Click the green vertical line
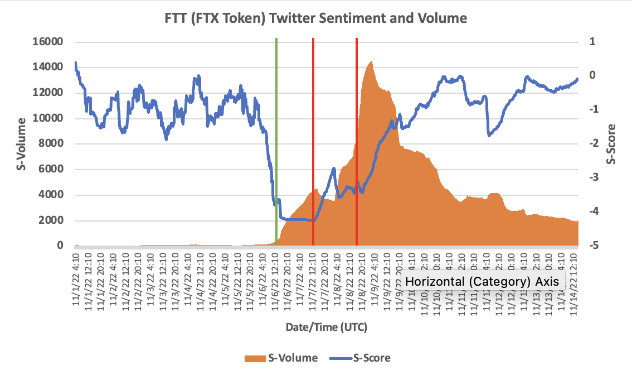click(x=276, y=140)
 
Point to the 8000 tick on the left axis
click(x=52, y=144)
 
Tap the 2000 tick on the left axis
click(x=52, y=220)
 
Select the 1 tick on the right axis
click(x=592, y=42)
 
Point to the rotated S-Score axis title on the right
click(x=611, y=143)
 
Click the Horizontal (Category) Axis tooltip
click(x=482, y=282)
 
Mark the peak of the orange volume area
click(x=371, y=62)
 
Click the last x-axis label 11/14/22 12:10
click(x=575, y=279)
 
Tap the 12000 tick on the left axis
click(x=49, y=93)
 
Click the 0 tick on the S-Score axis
click(x=592, y=76)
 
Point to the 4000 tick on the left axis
click(x=52, y=195)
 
